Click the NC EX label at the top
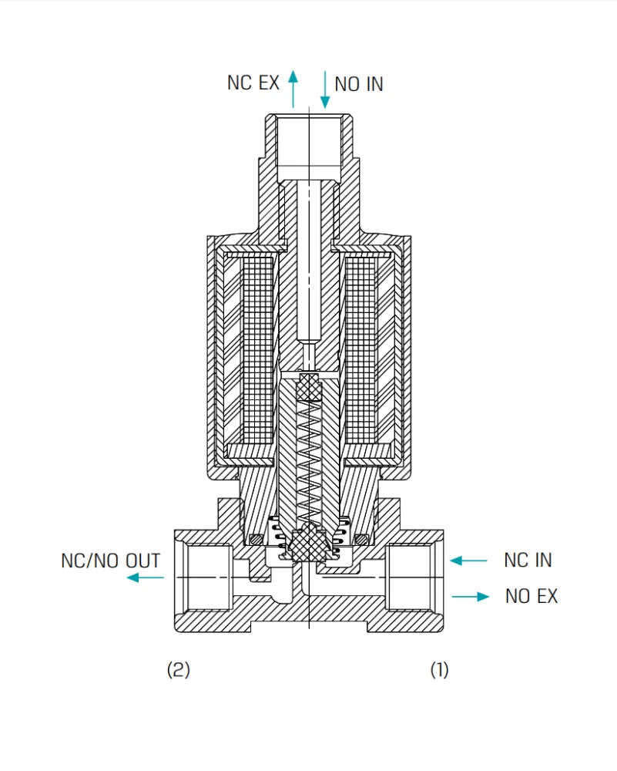[x=253, y=82]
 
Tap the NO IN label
[x=359, y=85]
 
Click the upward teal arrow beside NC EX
[x=293, y=89]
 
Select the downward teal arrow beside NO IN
[x=325, y=89]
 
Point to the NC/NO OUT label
[x=110, y=561]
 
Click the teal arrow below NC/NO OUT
[x=145, y=577]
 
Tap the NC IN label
[x=528, y=560]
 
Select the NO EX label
[x=531, y=596]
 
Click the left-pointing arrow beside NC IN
[x=468, y=561]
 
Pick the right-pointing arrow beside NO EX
[x=471, y=597]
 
